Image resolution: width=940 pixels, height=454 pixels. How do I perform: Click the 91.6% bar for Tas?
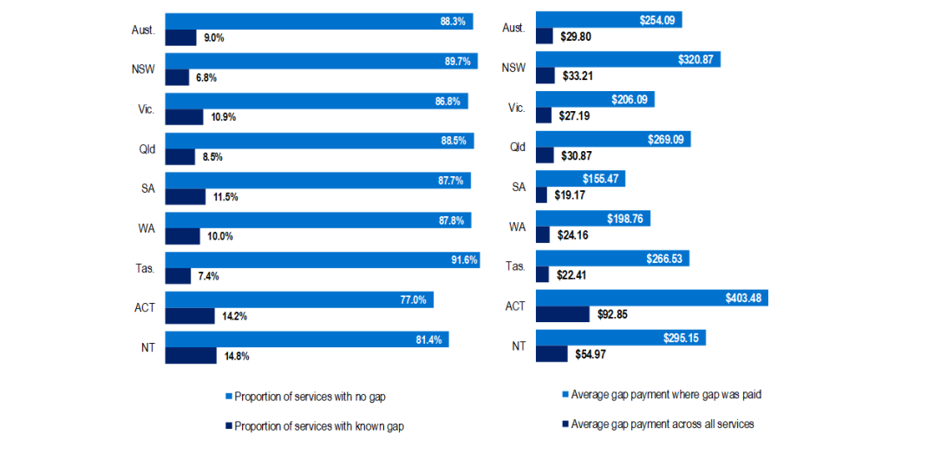(322, 260)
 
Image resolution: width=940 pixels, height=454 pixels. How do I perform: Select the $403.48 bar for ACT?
(652, 299)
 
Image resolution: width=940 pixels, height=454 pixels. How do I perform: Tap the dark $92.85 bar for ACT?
(562, 314)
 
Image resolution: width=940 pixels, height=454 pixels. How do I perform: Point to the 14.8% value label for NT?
(235, 356)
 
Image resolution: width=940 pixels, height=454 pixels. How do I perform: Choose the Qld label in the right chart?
(517, 147)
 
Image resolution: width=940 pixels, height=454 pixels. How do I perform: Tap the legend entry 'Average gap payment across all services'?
(662, 424)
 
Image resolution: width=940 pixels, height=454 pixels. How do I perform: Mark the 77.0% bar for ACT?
(299, 299)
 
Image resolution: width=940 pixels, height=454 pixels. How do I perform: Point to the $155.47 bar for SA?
(580, 179)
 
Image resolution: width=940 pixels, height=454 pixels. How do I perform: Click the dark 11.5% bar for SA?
(185, 196)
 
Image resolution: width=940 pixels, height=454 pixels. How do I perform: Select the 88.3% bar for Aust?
(318, 21)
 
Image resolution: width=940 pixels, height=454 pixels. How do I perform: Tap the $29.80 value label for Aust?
(574, 36)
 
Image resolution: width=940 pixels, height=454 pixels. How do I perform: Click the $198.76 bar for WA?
(593, 219)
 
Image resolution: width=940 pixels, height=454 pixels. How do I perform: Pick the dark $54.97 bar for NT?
(552, 354)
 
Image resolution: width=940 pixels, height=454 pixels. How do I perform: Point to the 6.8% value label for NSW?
(206, 77)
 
